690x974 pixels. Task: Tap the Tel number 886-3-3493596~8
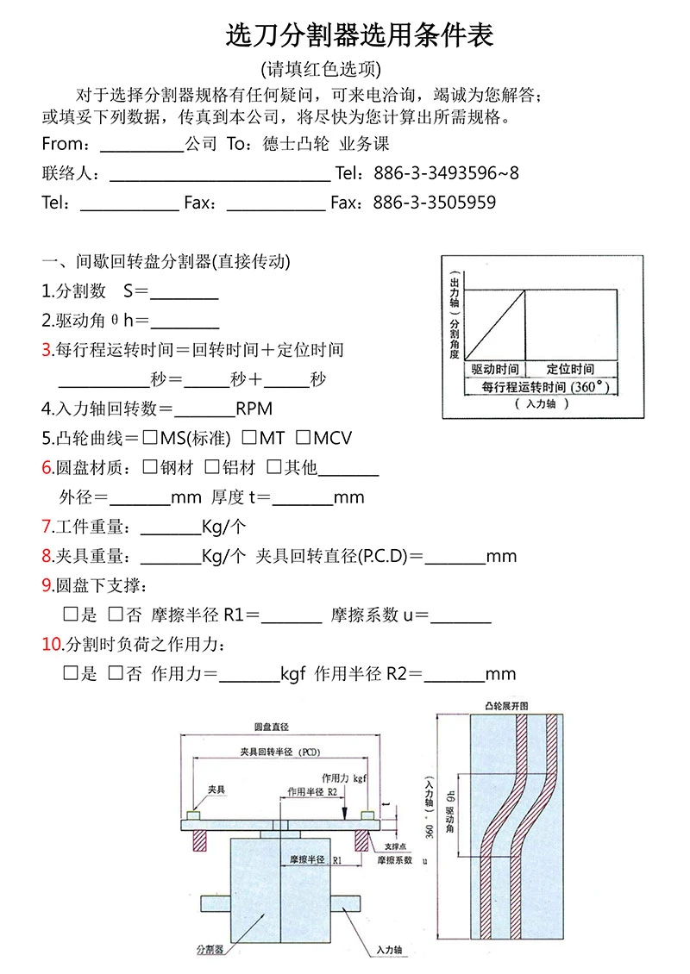click(446, 173)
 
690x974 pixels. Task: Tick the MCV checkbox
click(303, 438)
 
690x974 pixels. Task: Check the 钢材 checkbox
click(150, 467)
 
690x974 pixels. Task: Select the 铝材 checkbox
click(211, 467)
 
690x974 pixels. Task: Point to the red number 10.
click(51, 644)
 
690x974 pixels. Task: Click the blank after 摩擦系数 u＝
click(460, 615)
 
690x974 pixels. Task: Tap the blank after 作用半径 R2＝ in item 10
click(454, 674)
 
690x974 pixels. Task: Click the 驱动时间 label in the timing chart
click(495, 369)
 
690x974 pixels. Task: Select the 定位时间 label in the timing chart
click(570, 369)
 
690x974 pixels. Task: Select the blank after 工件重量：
click(170, 527)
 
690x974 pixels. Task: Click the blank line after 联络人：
click(220, 173)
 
